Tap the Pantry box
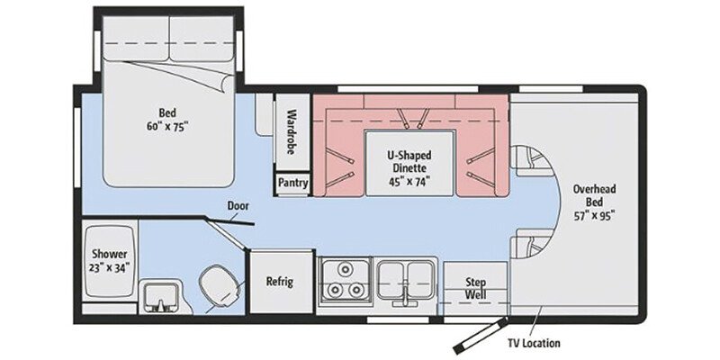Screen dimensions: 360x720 292,184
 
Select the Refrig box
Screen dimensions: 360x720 279,281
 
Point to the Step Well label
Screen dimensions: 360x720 475,287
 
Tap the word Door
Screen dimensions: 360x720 238,204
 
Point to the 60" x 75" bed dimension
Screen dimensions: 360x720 166,127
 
